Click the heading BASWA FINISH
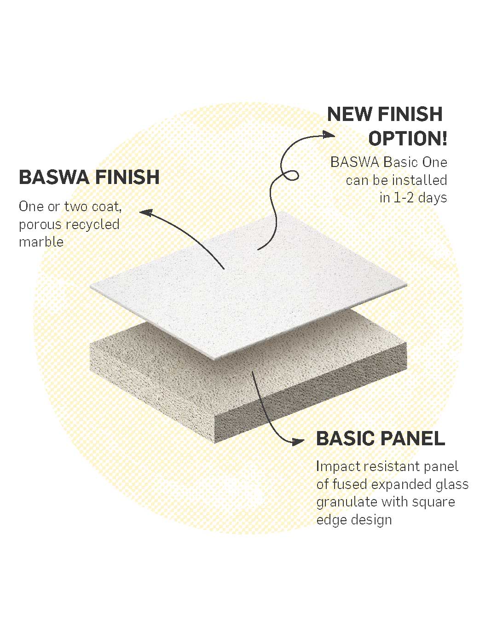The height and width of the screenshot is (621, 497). tap(89, 178)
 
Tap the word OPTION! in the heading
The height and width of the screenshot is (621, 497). tap(407, 138)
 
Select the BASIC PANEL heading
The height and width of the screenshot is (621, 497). tap(381, 438)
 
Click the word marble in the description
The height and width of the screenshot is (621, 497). tap(41, 241)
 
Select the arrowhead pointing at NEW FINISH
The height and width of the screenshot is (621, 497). tap(329, 134)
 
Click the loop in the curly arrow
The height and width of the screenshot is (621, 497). tap(290, 175)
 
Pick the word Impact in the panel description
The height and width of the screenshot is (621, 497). tap(338, 466)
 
